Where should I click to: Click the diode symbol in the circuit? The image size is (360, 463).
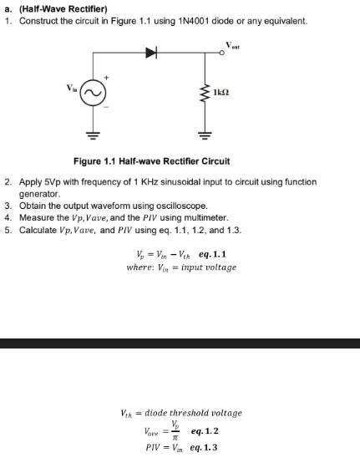(x=151, y=53)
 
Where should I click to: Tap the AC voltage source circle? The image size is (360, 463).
(x=92, y=93)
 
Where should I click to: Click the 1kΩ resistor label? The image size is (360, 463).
(x=222, y=92)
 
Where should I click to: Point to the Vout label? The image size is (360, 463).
(x=232, y=43)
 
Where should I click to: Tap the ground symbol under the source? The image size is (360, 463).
(x=92, y=135)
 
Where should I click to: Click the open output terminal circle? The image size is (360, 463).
(x=221, y=53)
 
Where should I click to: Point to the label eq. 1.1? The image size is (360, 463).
(x=212, y=253)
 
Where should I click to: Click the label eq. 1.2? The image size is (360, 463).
(x=205, y=431)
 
